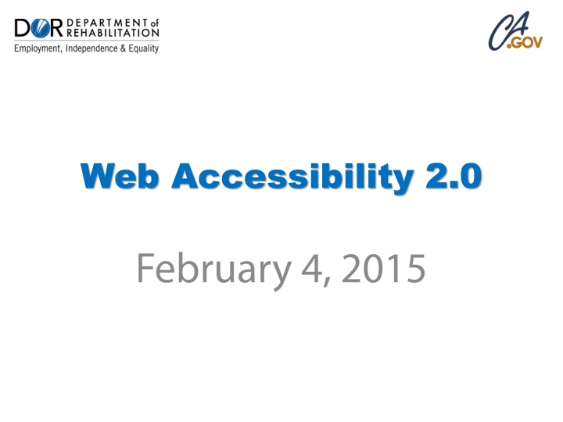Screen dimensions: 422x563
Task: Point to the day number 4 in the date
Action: [306, 270]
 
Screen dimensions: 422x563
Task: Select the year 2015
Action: [382, 270]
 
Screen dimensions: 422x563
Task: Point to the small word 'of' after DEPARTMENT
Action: [153, 26]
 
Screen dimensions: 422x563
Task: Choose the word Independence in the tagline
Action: [94, 48]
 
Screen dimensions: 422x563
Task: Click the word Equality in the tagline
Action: [145, 48]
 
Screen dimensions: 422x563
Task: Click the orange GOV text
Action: [527, 43]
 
